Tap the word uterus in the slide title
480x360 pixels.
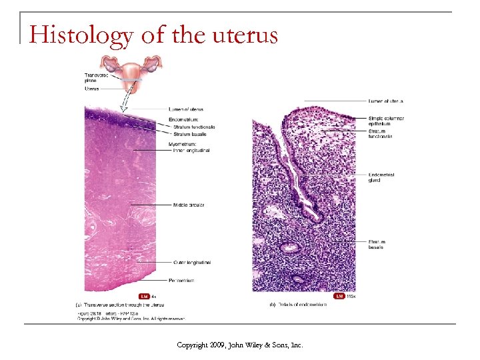point(244,34)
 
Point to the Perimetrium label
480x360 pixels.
point(181,281)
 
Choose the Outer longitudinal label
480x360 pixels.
point(192,263)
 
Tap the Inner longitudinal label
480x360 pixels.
point(191,151)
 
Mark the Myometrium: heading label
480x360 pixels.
point(183,145)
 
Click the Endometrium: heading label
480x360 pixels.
point(184,119)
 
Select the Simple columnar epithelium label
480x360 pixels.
point(386,121)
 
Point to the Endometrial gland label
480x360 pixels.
point(381,177)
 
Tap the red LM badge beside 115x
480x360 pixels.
point(339,295)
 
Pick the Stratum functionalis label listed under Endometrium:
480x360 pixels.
point(194,127)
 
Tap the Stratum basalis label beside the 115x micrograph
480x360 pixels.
point(376,245)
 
